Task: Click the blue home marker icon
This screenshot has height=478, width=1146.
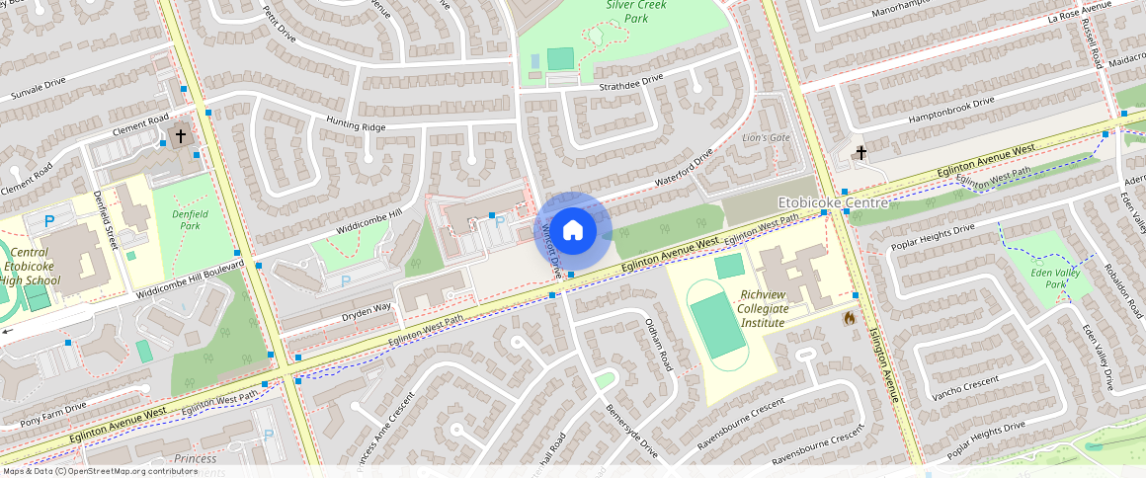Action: [x=572, y=231]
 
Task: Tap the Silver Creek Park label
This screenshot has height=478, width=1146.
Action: [x=636, y=12]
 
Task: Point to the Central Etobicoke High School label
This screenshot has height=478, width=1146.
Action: [x=31, y=267]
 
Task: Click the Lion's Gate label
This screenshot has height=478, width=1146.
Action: [x=766, y=137]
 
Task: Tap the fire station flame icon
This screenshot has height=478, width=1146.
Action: [x=849, y=318]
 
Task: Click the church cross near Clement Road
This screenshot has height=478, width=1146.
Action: [x=181, y=134]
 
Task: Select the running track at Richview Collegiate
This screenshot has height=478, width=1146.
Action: [x=718, y=327]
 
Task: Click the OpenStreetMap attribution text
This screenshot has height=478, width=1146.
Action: [x=87, y=471]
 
